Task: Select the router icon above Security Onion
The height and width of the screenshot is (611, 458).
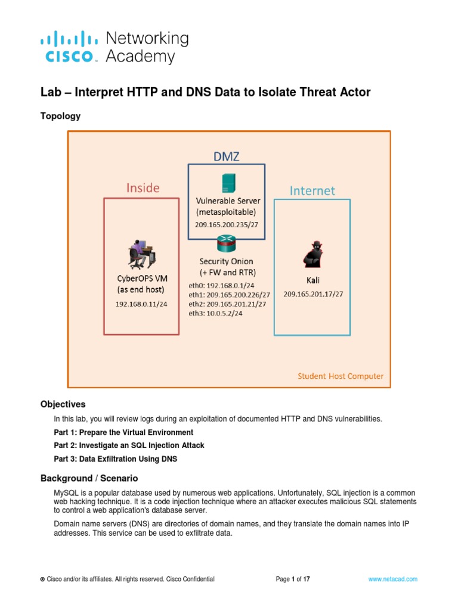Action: pos(227,242)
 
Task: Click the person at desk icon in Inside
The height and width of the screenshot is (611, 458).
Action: pos(142,254)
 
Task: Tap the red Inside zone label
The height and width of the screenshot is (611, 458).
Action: pos(143,188)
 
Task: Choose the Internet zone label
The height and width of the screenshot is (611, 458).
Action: pos(312,191)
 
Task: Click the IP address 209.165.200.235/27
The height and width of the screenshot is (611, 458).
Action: pos(227,224)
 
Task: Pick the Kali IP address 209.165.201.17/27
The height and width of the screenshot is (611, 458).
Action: pos(313,294)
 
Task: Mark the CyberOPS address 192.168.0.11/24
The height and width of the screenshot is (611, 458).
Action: pos(142,304)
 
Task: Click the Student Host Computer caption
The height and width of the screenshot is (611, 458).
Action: pos(341,376)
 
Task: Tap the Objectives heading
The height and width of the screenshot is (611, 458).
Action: pos(63,404)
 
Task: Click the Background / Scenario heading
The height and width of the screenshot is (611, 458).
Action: pos(89,478)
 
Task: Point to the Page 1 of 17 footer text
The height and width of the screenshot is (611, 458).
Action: pos(293,579)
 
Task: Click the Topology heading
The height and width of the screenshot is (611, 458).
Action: pos(60,116)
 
